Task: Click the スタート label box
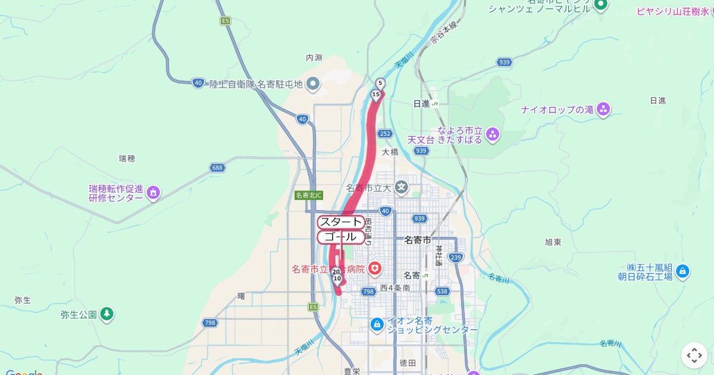pos(341,223)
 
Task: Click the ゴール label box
pos(341,237)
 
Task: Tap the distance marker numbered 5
pos(380,83)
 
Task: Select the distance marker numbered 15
pos(375,95)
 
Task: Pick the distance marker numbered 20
pos(336,272)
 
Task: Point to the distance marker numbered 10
pos(337,279)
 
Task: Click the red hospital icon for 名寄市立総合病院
pos(375,270)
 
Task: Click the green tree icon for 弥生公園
pos(107,314)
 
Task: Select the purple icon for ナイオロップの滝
pos(603,110)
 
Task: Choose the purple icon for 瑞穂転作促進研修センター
pos(154,192)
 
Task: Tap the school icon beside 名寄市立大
pos(402,187)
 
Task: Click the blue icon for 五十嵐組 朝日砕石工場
pos(682,272)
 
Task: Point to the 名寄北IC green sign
pos(308,195)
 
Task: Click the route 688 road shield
pos(218,168)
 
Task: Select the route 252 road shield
pos(385,134)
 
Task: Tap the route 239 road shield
pos(456,257)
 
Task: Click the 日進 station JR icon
pos(435,104)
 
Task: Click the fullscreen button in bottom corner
pos(694,355)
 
